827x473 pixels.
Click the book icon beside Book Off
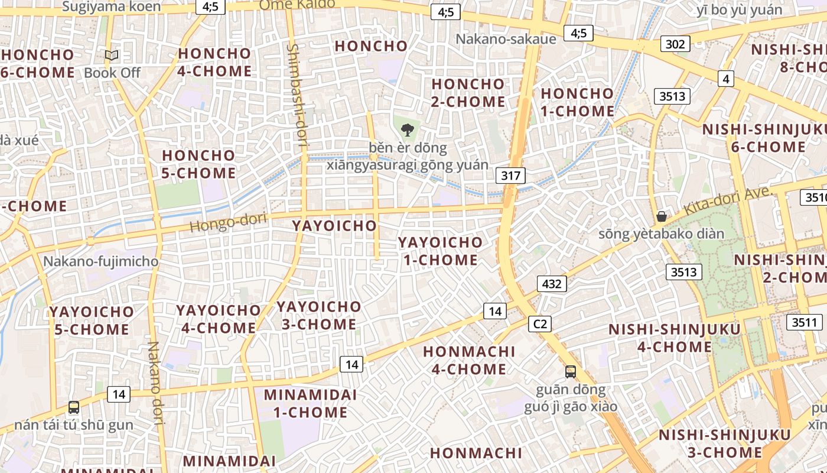point(112,55)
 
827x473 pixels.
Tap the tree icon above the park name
point(407,129)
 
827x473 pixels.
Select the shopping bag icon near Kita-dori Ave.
point(662,216)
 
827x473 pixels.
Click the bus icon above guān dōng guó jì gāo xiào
point(570,371)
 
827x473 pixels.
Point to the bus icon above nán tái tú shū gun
point(74,407)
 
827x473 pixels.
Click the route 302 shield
point(675,44)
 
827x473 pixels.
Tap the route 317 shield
point(511,175)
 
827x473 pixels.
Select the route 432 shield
point(552,284)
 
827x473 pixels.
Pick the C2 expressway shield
point(540,324)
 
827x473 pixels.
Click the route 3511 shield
point(804,322)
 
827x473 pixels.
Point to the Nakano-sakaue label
point(506,39)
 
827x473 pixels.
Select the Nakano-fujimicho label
point(100,261)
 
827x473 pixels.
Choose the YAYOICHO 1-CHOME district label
point(440,251)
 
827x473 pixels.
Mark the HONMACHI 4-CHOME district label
point(465,360)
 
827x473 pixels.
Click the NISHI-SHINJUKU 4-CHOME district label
point(674,338)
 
